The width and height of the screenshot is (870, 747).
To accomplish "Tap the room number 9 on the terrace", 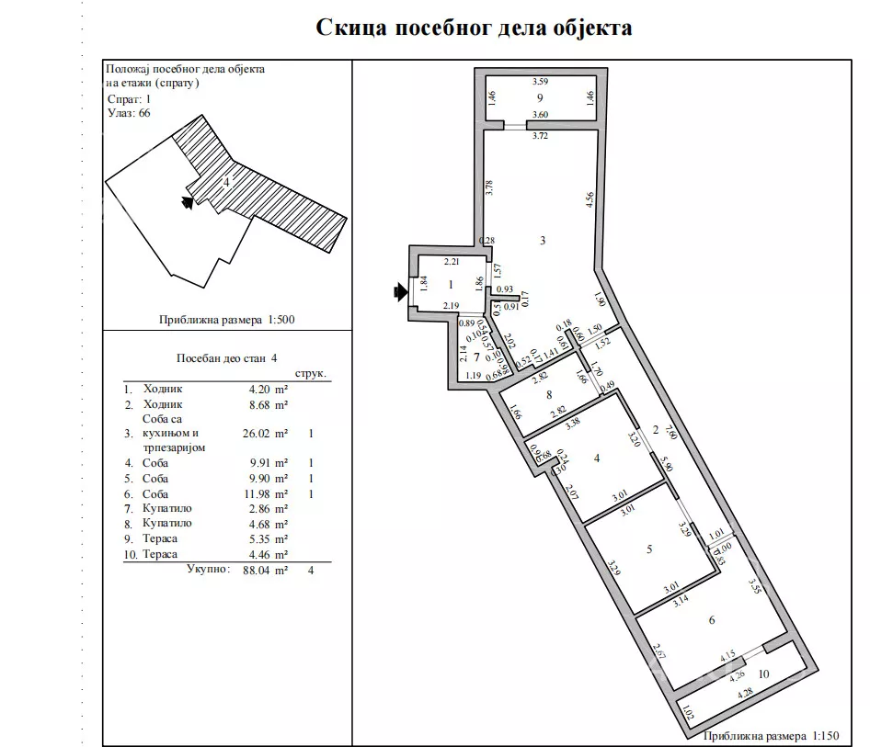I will tap(541, 97).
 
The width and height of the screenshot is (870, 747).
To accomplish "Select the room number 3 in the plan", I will tap(544, 241).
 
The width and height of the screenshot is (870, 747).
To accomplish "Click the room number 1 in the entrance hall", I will tap(451, 286).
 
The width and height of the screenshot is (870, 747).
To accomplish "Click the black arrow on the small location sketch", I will tap(189, 203).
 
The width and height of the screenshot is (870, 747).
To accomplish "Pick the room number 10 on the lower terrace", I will tap(764, 684).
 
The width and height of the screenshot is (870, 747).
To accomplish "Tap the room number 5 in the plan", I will tap(650, 549).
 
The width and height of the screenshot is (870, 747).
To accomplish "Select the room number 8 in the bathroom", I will tap(549, 396).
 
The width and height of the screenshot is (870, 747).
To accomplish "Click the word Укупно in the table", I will tap(207, 570).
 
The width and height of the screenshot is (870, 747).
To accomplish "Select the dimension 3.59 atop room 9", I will tap(541, 83).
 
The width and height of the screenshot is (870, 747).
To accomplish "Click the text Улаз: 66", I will tap(129, 113).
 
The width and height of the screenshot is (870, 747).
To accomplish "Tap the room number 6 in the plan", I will tap(712, 620).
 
